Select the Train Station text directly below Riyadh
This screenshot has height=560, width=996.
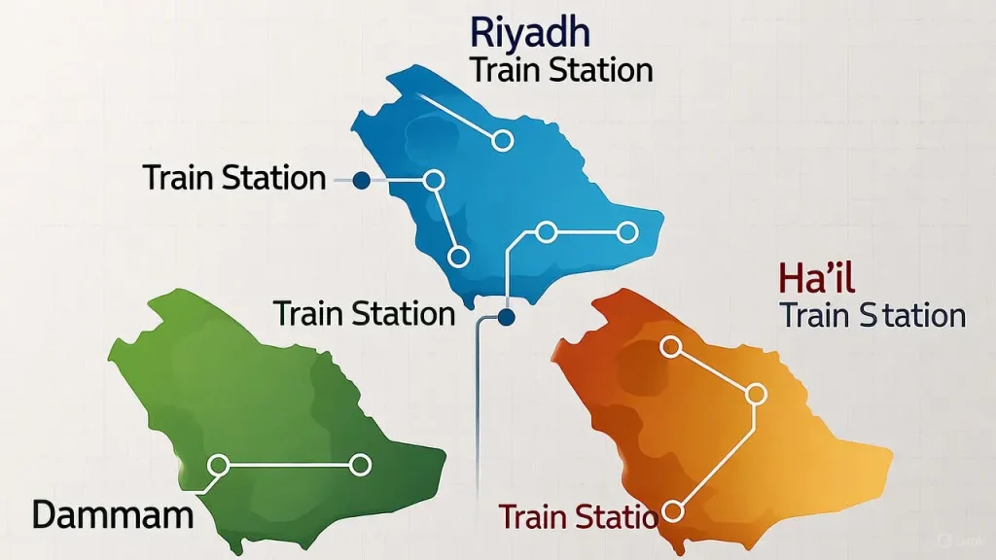pyautogui.click(x=560, y=70)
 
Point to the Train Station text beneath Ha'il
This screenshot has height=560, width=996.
pyautogui.click(x=872, y=315)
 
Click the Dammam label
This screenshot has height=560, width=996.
pyautogui.click(x=112, y=513)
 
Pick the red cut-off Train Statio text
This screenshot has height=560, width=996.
pyautogui.click(x=578, y=516)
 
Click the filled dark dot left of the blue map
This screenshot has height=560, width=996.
pyautogui.click(x=361, y=180)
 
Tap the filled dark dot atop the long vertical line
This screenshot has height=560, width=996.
pyautogui.click(x=506, y=317)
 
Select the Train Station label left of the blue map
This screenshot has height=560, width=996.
pyautogui.click(x=233, y=178)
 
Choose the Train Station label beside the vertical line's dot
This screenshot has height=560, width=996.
pyautogui.click(x=364, y=314)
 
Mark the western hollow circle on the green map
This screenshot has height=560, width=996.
pyautogui.click(x=218, y=466)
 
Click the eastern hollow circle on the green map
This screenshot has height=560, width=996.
pyautogui.click(x=360, y=466)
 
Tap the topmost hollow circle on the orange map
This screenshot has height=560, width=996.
pyautogui.click(x=670, y=345)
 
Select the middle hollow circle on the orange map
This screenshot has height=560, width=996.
pyautogui.click(x=754, y=394)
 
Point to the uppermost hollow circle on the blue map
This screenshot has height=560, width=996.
pyautogui.click(x=502, y=141)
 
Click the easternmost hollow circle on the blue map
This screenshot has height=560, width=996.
pyautogui.click(x=627, y=231)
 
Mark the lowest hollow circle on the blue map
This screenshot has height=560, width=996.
pyautogui.click(x=458, y=257)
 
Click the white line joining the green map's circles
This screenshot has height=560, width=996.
pyautogui.click(x=289, y=466)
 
